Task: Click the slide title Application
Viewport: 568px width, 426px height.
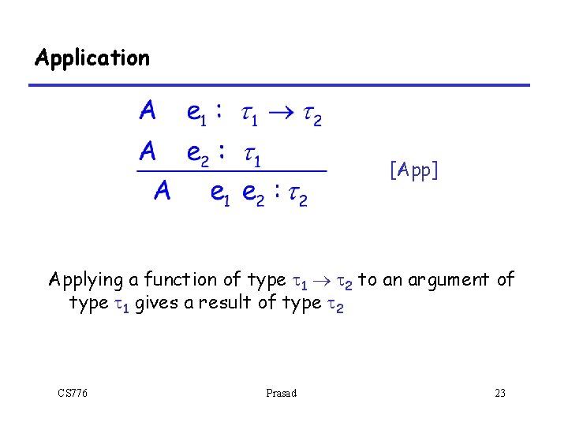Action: pos(92,58)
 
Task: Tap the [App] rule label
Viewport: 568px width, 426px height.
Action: pos(414,170)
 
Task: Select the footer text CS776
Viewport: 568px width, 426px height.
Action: pos(73,393)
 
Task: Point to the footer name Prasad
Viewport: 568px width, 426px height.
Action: pos(282,393)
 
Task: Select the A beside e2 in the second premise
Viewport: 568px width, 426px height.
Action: pos(147,151)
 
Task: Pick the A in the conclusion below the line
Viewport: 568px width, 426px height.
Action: pos(163,190)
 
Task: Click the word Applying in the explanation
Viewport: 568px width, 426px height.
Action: pos(86,280)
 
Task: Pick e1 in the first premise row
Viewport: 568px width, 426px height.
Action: pos(196,114)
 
